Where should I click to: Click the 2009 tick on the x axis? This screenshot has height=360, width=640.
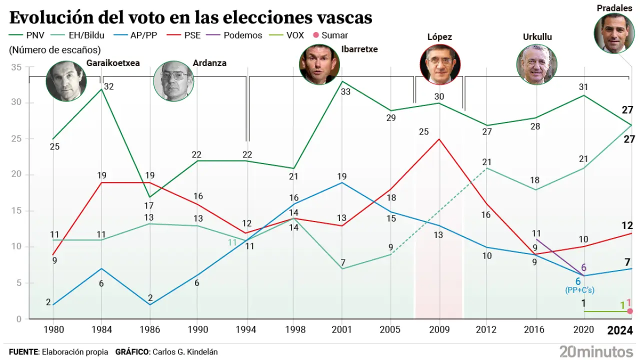pyautogui.click(x=439, y=330)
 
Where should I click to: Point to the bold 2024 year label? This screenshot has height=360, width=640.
pyautogui.click(x=620, y=330)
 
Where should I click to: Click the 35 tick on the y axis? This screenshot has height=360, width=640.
pyautogui.click(x=16, y=67)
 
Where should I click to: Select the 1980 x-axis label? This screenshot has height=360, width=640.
pyautogui.click(x=53, y=330)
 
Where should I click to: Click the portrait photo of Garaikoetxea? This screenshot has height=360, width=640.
pyautogui.click(x=66, y=81)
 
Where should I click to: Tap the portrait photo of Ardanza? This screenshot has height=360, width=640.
pyautogui.click(x=173, y=81)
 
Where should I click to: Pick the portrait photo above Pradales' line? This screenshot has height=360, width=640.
pyautogui.click(x=614, y=33)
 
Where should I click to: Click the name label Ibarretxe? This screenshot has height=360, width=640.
pyautogui.click(x=359, y=49)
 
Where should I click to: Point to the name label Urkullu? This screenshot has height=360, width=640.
pyautogui.click(x=537, y=37)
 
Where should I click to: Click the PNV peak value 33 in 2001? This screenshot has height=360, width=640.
pyautogui.click(x=345, y=92)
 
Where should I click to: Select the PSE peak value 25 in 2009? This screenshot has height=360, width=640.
pyautogui.click(x=423, y=132)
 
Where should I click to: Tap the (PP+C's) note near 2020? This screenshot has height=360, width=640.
pyautogui.click(x=579, y=290)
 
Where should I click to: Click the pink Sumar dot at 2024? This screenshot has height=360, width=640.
pyautogui.click(x=630, y=311)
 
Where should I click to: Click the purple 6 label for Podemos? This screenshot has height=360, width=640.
pyautogui.click(x=583, y=268)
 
